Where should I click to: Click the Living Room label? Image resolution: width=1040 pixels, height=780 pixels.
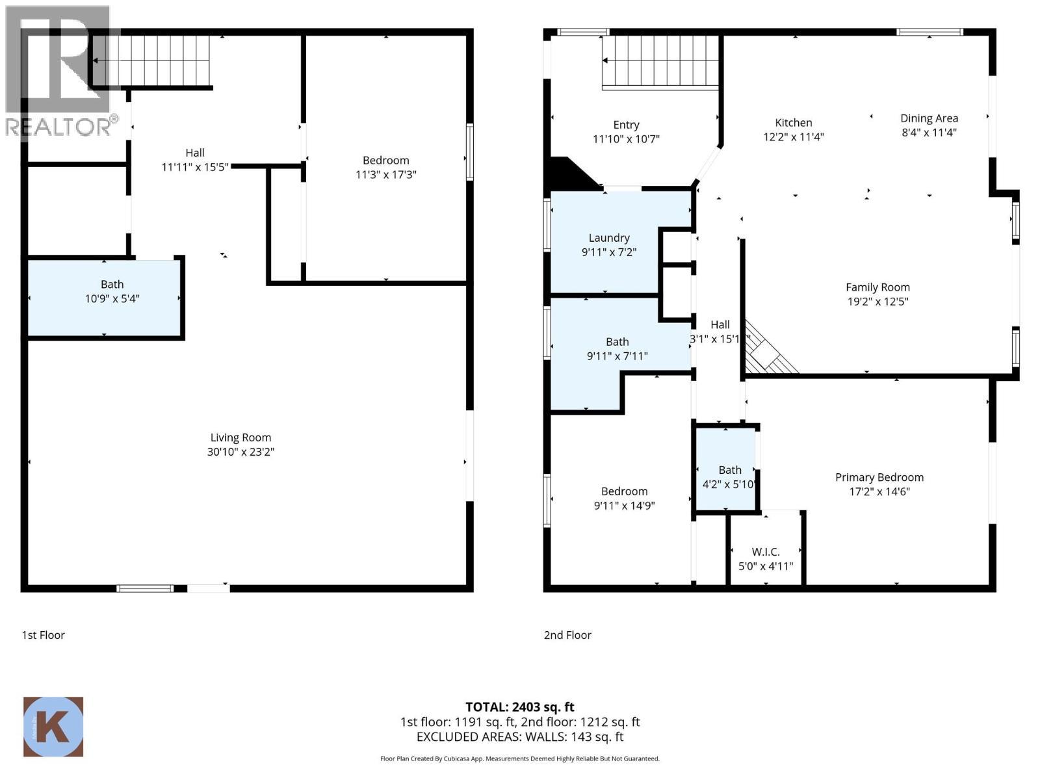pos(240,437)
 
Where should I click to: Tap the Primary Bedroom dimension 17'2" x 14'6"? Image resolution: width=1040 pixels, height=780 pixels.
pos(879,491)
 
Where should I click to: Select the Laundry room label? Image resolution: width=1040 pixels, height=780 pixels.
pos(609,238)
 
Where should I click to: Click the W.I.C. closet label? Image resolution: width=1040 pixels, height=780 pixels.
pos(766,552)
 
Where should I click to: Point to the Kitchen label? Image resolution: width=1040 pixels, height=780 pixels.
pos(793,123)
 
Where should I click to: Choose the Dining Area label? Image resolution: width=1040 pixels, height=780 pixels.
pos(929,118)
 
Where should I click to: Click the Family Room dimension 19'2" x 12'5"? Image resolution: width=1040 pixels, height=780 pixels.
pos(877,302)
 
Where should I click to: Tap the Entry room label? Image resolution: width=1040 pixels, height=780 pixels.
pos(626,125)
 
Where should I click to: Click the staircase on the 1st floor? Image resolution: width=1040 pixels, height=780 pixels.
pos(152,60)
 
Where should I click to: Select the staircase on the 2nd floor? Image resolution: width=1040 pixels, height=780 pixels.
pos(661,61)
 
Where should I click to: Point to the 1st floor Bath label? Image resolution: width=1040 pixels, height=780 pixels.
pos(112,284)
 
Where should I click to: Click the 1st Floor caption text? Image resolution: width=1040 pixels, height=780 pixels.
pos(44,635)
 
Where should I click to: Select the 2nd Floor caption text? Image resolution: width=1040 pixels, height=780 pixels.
pos(567,635)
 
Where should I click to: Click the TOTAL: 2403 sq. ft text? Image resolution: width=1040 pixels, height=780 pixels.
pos(519,707)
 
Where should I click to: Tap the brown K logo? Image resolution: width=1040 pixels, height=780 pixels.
pos(53,727)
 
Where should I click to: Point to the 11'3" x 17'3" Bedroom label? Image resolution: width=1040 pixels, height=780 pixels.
pos(385,161)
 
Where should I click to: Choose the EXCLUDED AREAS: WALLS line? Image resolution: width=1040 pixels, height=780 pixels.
pos(519,737)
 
